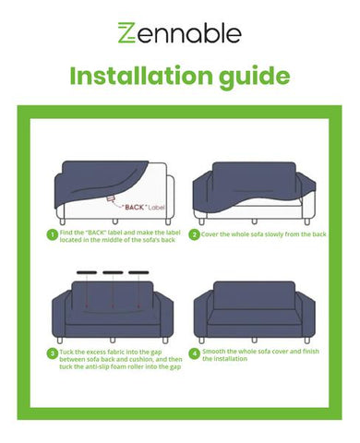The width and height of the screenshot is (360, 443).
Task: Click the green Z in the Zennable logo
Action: click(x=126, y=32)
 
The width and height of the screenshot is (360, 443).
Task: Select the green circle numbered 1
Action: click(x=53, y=235)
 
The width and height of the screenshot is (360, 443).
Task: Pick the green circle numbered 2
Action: click(x=194, y=235)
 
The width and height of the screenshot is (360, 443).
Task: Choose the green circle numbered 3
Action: click(x=53, y=353)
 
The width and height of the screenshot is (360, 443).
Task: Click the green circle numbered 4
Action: click(x=194, y=353)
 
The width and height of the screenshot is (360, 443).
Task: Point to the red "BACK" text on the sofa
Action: click(x=134, y=208)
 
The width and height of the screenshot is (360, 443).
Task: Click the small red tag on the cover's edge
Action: click(x=111, y=198)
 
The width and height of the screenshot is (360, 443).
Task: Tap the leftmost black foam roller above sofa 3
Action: click(x=87, y=272)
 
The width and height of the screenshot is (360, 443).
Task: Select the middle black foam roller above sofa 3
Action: click(x=113, y=272)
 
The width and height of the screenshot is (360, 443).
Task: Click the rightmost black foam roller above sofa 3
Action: click(x=138, y=272)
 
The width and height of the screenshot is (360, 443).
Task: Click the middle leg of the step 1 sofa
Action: click(x=115, y=221)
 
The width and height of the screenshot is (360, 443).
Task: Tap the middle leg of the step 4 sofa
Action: click(x=254, y=341)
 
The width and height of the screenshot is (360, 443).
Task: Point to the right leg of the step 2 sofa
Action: click(x=306, y=221)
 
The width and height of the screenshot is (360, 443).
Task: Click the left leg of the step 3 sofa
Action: click(x=60, y=341)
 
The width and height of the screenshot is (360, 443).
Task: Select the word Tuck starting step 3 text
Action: click(x=66, y=352)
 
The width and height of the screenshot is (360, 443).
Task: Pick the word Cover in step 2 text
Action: click(x=210, y=234)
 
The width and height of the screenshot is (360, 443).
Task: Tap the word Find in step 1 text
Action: click(x=66, y=233)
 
